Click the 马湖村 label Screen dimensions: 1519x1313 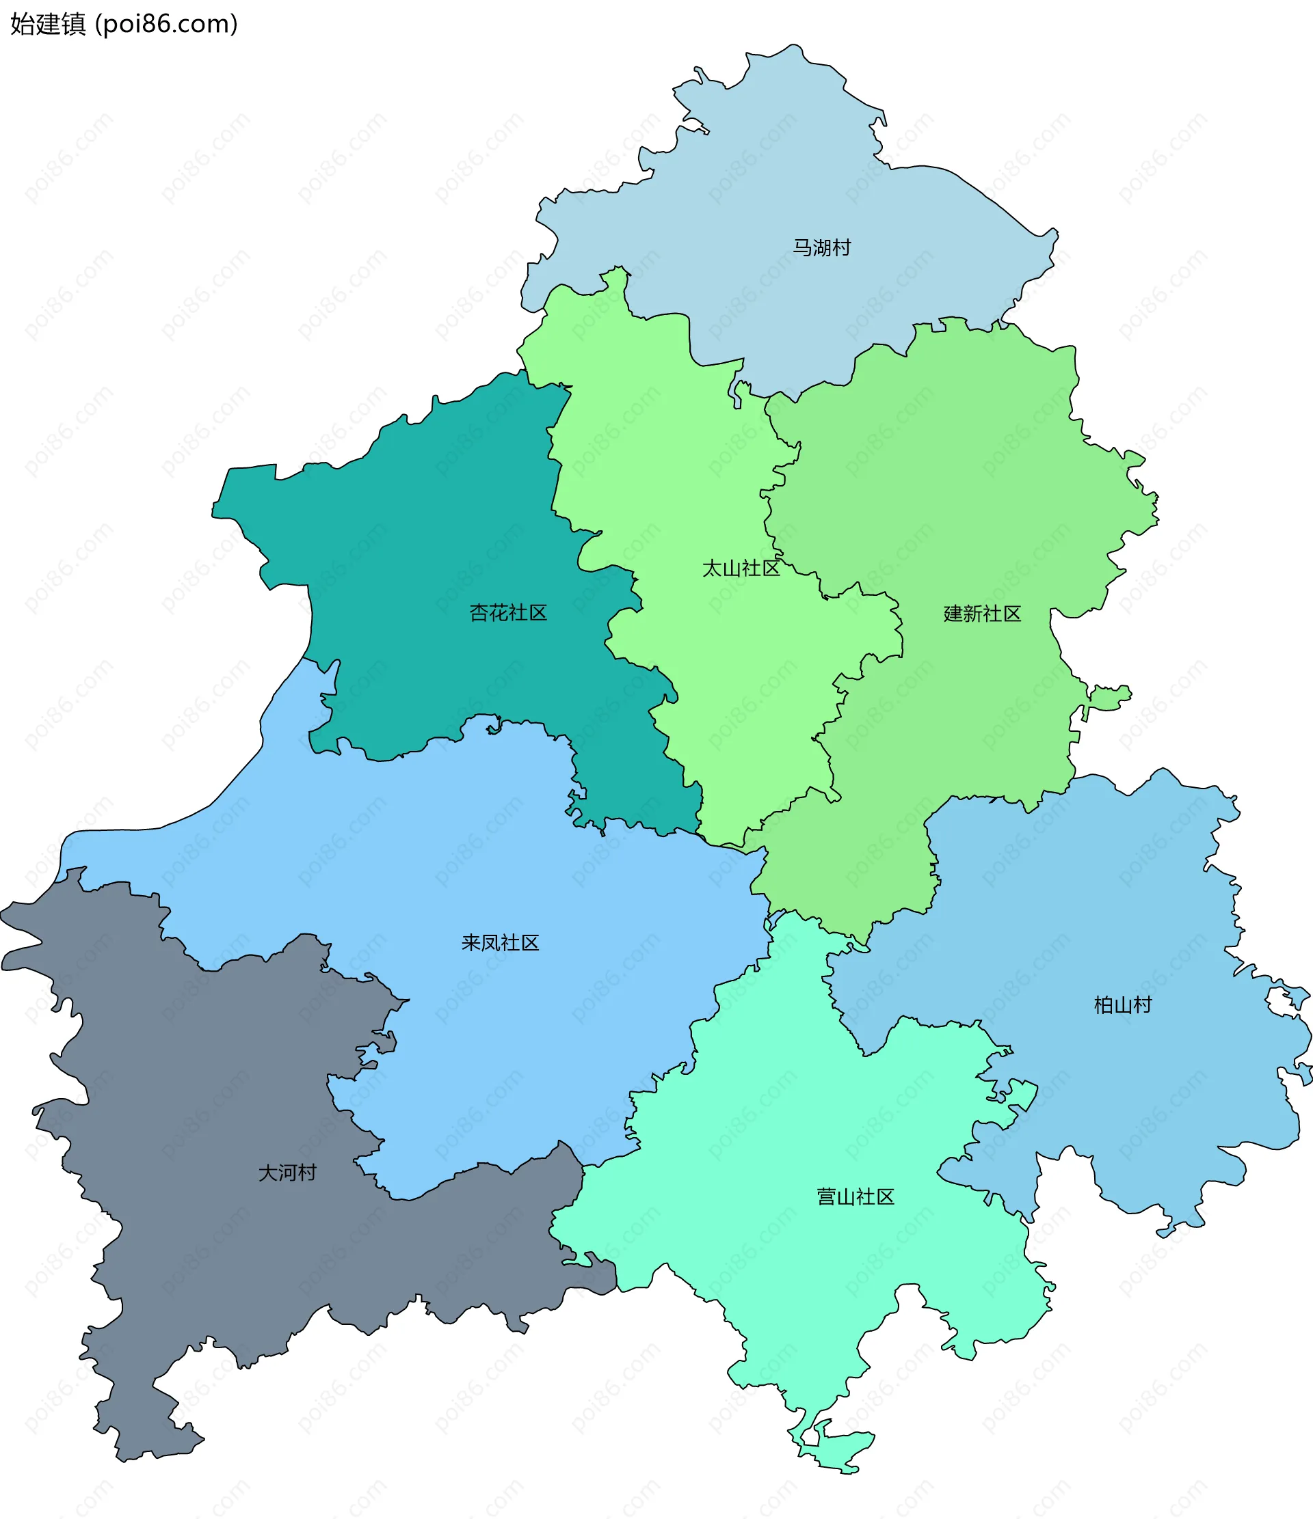(821, 248)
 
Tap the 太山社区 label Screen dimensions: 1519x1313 (741, 568)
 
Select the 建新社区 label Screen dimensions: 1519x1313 (982, 614)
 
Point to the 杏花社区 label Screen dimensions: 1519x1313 (508, 613)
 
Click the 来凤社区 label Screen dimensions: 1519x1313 (501, 943)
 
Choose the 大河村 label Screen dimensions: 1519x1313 (287, 1173)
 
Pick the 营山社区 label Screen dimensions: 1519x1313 (856, 1197)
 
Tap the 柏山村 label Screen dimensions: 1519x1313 (1123, 1005)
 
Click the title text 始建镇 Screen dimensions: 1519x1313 (48, 24)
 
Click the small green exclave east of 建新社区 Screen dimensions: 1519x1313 (1109, 696)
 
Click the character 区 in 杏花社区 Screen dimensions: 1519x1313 (538, 613)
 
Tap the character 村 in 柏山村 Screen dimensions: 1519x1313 (1143, 1005)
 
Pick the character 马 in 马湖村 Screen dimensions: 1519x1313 (802, 248)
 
